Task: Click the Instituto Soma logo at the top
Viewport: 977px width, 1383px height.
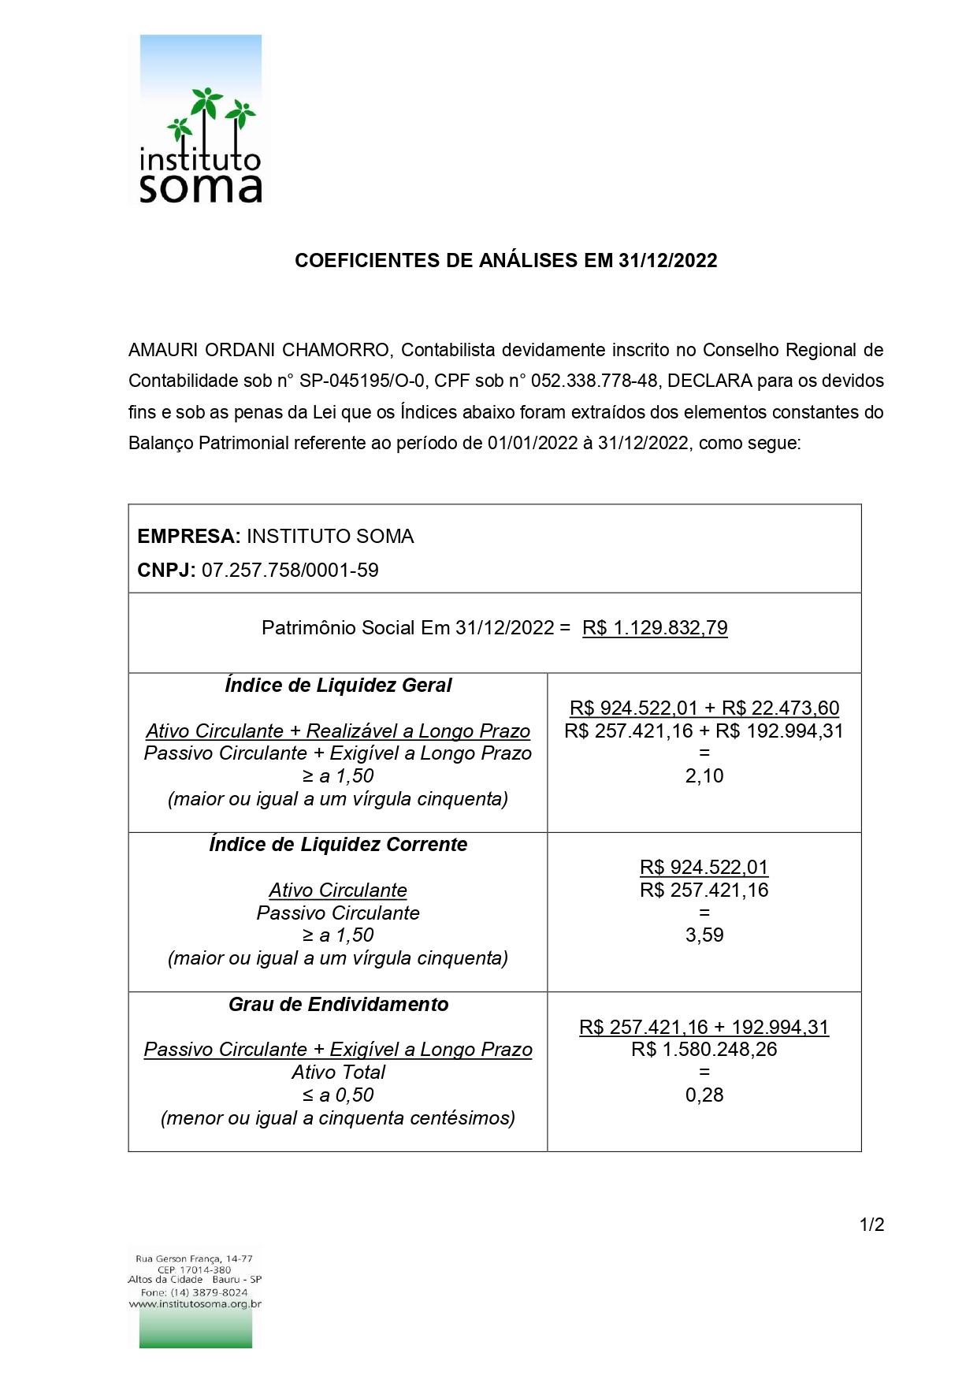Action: pyautogui.click(x=200, y=120)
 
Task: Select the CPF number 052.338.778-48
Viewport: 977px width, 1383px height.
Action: pyautogui.click(x=594, y=381)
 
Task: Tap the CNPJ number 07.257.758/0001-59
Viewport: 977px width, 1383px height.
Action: pyautogui.click(x=290, y=570)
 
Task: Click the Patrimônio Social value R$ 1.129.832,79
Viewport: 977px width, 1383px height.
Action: pyautogui.click(x=655, y=627)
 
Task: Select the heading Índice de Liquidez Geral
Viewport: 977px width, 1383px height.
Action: pyautogui.click(x=338, y=686)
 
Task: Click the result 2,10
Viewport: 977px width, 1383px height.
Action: pyautogui.click(x=704, y=776)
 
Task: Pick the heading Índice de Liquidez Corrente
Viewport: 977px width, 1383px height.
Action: pyautogui.click(x=338, y=845)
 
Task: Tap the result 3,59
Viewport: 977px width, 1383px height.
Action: pyautogui.click(x=704, y=935)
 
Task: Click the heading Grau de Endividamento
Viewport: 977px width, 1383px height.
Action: pyautogui.click(x=338, y=1005)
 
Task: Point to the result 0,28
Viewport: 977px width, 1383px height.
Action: pyautogui.click(x=704, y=1095)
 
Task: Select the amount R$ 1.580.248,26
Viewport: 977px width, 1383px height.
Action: pyautogui.click(x=704, y=1050)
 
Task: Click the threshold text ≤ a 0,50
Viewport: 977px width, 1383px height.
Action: pyautogui.click(x=338, y=1095)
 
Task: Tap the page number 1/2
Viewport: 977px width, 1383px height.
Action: pyautogui.click(x=871, y=1225)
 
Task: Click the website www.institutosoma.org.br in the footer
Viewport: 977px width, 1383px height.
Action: pyautogui.click(x=195, y=1304)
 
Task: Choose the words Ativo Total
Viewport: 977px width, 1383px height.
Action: pyautogui.click(x=338, y=1073)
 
